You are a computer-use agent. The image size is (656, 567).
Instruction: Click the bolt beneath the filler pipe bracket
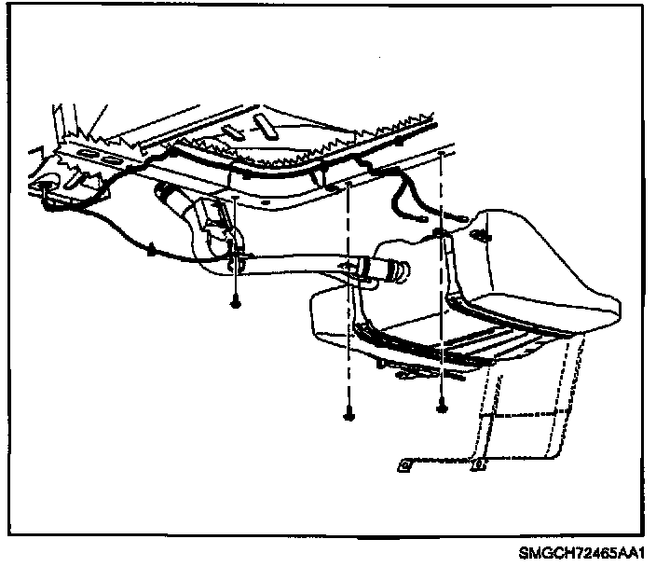[234, 304]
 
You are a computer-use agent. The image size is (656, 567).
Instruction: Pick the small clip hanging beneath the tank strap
[406, 372]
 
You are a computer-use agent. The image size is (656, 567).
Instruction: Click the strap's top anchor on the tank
[447, 242]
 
